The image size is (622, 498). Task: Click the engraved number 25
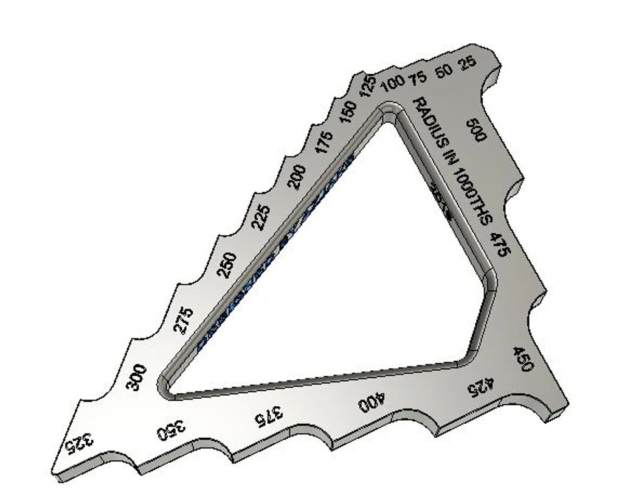tap(467, 63)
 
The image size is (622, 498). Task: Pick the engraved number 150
tap(348, 113)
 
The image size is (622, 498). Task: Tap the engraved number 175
tap(325, 142)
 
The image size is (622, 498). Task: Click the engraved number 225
tap(261, 217)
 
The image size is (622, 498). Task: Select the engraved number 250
tap(226, 264)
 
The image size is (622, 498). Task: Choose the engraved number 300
tap(136, 377)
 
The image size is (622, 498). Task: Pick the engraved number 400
tap(371, 401)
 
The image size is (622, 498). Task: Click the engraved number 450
tap(523, 359)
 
